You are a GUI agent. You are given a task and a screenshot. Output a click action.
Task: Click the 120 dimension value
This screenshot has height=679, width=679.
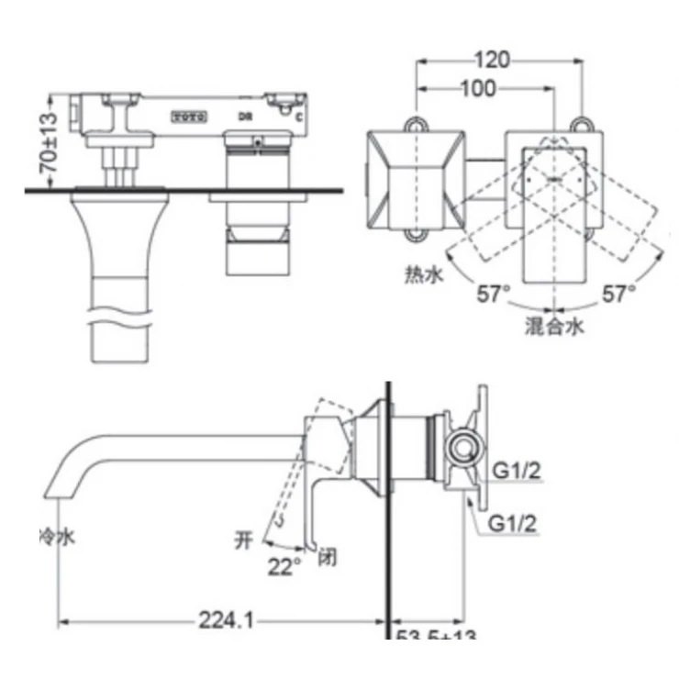494,61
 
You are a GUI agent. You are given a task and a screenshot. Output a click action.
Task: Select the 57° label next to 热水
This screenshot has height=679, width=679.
494,294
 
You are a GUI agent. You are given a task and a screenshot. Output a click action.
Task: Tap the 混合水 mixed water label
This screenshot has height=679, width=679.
554,325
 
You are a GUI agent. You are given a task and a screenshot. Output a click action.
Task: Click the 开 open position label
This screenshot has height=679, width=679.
244,540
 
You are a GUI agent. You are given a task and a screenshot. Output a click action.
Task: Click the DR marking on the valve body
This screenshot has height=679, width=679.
245,117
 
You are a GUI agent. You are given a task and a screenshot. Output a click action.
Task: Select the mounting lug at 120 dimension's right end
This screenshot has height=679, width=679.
579,122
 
